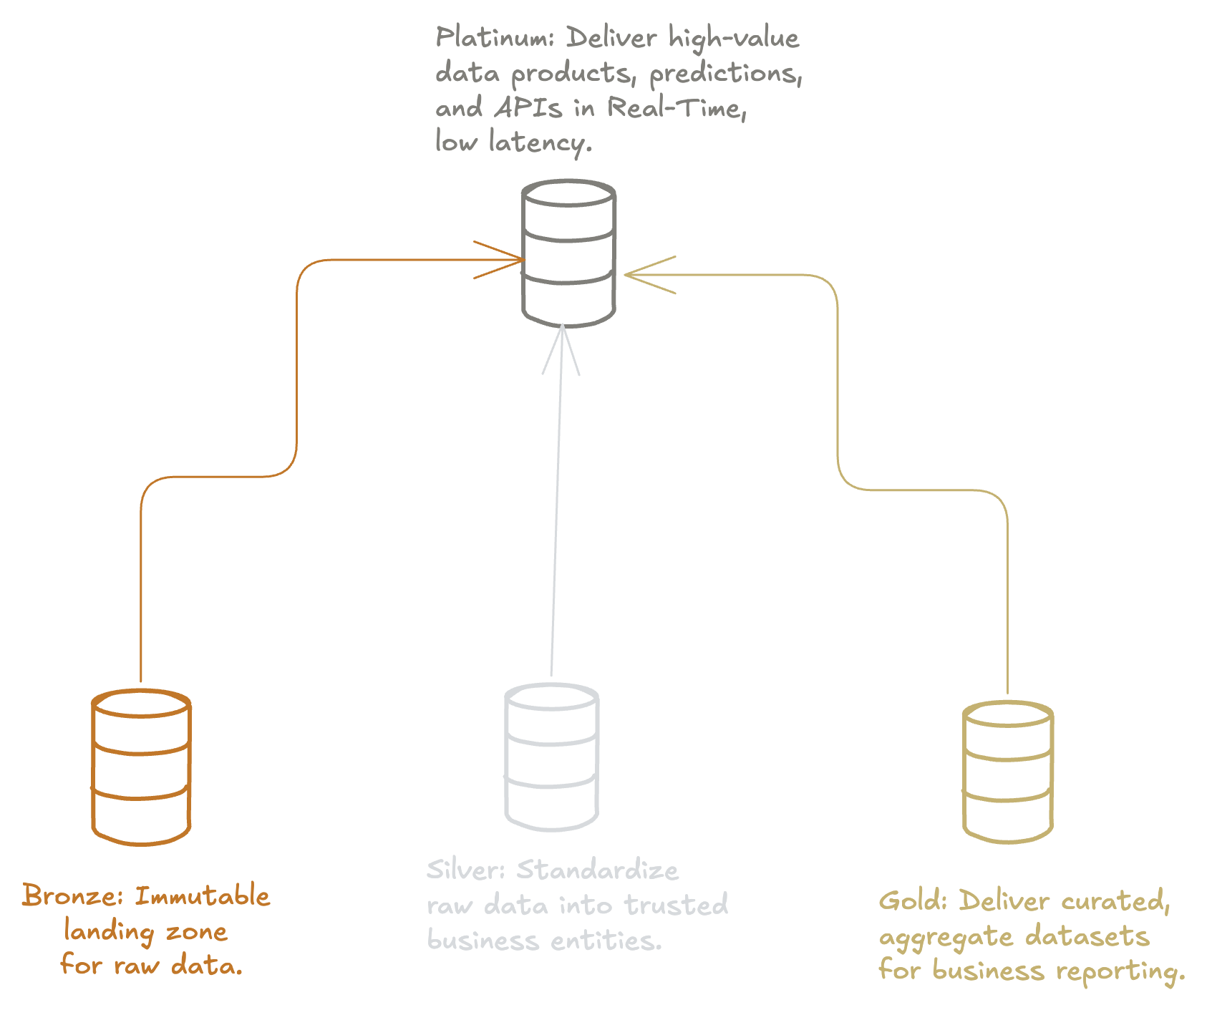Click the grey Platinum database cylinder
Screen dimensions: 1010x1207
pyautogui.click(x=569, y=254)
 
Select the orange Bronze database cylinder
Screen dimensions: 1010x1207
pyautogui.click(x=141, y=767)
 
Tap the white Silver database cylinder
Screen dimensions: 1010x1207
pyautogui.click(x=551, y=757)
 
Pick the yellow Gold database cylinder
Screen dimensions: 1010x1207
pyautogui.click(x=1008, y=772)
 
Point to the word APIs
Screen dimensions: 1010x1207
pyautogui.click(x=528, y=108)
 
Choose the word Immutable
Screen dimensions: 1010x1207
pyautogui.click(x=203, y=896)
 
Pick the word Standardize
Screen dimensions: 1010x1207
pyautogui.click(x=598, y=870)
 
